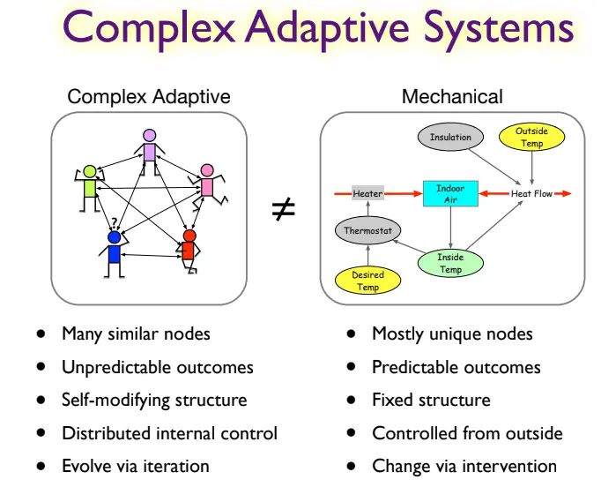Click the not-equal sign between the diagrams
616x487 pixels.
(x=283, y=210)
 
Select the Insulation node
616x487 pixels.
(x=450, y=137)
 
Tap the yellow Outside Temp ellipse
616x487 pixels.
(x=531, y=137)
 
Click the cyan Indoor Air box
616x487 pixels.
(x=450, y=194)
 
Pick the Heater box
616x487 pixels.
(x=367, y=193)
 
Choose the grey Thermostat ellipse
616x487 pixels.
(x=367, y=231)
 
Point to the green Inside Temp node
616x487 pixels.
(x=450, y=263)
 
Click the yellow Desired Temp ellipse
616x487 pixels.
(x=367, y=281)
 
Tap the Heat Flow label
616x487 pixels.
(x=532, y=193)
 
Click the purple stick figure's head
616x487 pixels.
(x=149, y=135)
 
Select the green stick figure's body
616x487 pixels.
(x=89, y=187)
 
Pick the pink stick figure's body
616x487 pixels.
(x=207, y=187)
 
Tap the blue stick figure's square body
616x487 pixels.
(x=114, y=254)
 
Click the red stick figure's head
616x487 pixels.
(x=188, y=236)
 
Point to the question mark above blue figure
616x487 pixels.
(x=113, y=222)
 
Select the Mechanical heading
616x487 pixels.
(x=452, y=97)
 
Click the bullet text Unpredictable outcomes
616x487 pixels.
(x=157, y=367)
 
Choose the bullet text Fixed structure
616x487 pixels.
(x=431, y=400)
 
